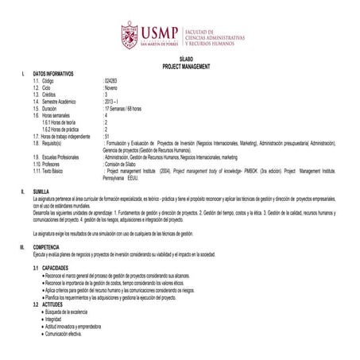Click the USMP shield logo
130,34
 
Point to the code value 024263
110,81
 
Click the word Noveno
110,87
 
